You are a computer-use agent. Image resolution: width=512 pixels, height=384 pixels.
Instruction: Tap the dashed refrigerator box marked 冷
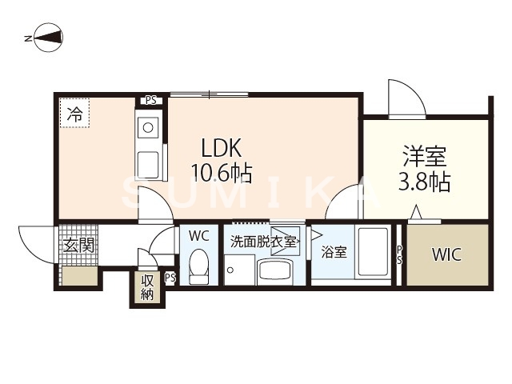click(74, 114)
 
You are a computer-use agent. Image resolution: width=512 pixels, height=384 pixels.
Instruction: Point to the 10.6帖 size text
click(221, 171)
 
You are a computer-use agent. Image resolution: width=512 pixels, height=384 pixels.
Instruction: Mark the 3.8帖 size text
click(423, 182)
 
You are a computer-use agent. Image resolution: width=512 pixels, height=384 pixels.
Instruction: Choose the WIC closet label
click(445, 255)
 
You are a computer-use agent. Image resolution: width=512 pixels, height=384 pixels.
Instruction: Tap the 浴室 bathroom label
click(334, 252)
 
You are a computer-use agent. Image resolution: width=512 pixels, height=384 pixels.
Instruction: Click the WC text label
click(198, 236)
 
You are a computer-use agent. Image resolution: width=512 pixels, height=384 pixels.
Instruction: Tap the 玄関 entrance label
click(78, 245)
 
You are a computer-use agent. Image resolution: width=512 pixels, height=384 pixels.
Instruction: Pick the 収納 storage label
click(148, 287)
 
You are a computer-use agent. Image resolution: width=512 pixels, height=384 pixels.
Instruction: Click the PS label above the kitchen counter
click(150, 101)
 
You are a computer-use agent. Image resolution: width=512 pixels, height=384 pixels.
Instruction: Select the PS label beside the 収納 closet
click(170, 278)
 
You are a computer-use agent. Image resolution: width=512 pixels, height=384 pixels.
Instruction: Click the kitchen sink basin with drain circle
click(149, 126)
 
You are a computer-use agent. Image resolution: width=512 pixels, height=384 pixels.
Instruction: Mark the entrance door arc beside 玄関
click(35, 244)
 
